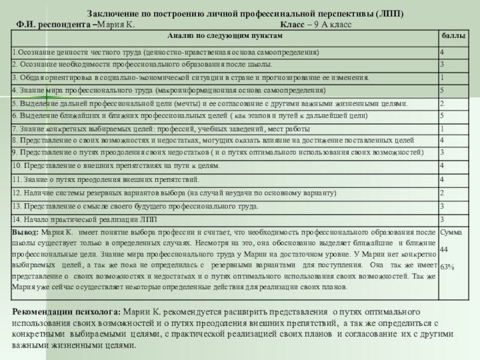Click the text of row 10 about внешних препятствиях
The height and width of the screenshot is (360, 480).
point(112,165)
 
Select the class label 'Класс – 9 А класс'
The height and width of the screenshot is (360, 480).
point(316,25)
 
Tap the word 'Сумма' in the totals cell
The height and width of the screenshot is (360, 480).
point(452,232)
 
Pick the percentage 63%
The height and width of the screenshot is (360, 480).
point(448,265)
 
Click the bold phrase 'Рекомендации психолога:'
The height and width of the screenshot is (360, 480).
point(67,313)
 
